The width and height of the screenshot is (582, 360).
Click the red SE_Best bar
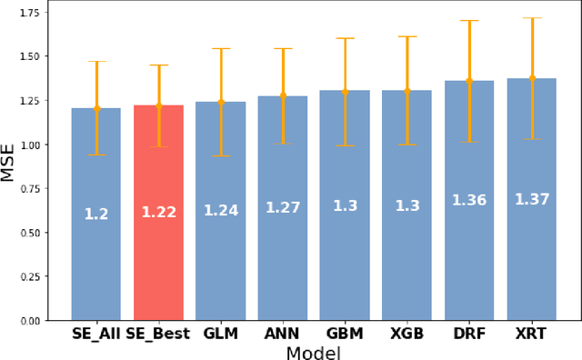pyautogui.click(x=158, y=264)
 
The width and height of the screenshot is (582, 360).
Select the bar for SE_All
pyautogui.click(x=96, y=264)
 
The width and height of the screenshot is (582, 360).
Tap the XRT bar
pyautogui.click(x=531, y=264)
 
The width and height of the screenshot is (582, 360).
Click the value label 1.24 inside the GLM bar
pyautogui.click(x=220, y=210)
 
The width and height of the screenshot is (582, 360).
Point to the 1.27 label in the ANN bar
pyautogui.click(x=283, y=207)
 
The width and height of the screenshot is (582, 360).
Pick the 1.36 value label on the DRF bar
pyautogui.click(x=469, y=200)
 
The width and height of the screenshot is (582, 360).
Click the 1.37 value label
pyautogui.click(x=531, y=199)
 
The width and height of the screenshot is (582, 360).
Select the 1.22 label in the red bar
pyautogui.click(x=158, y=213)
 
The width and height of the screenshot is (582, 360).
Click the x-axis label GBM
pyautogui.click(x=345, y=334)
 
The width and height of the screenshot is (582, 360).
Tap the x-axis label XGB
pyautogui.click(x=406, y=334)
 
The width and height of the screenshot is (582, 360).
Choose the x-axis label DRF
pyautogui.click(x=469, y=334)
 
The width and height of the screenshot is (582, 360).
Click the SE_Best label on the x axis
pyautogui.click(x=157, y=334)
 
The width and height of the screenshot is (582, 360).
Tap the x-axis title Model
pyautogui.click(x=314, y=352)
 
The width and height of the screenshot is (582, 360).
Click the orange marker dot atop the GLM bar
pyautogui.click(x=220, y=102)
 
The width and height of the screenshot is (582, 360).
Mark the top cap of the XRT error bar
pyautogui.click(x=531, y=18)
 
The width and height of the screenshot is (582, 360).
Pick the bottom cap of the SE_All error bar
pyautogui.click(x=96, y=155)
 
